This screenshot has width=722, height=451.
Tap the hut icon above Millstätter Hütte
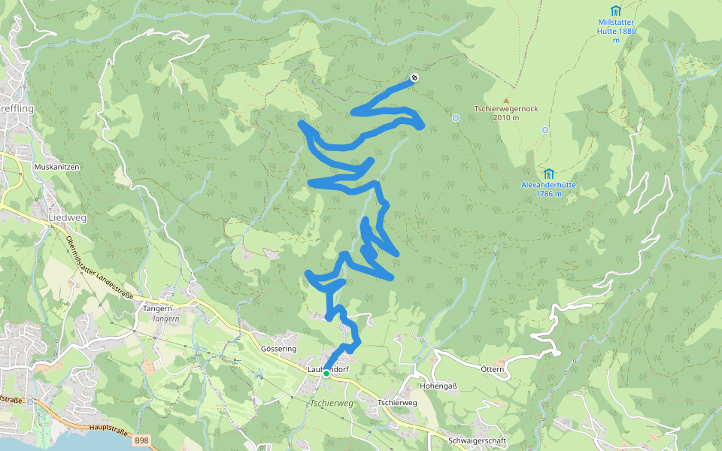click(x=616, y=11)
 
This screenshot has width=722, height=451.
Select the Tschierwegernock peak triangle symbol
click(x=506, y=100)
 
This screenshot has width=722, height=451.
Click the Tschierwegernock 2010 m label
click(x=506, y=113)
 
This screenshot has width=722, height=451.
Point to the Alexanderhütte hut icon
click(x=548, y=173)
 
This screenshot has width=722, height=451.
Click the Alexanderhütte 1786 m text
click(x=548, y=189)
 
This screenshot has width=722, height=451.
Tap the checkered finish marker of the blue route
click(x=414, y=77)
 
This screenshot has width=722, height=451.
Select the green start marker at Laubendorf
click(x=326, y=373)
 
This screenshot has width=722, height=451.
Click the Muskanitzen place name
click(x=56, y=166)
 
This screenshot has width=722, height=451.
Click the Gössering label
click(x=278, y=349)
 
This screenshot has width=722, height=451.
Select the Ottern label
click(x=492, y=369)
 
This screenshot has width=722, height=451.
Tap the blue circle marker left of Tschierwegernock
click(x=456, y=118)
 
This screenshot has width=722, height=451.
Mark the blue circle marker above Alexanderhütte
click(x=545, y=129)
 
